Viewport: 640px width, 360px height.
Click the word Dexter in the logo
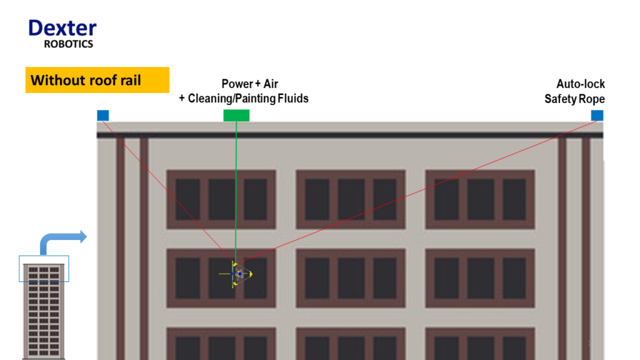coord(62,28)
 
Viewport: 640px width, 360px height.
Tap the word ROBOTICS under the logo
coord(69,44)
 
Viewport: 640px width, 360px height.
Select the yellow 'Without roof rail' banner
coord(97,80)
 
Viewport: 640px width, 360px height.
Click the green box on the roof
coord(236,116)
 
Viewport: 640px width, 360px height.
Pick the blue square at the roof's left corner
coord(103,116)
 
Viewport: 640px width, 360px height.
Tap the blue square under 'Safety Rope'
coord(597,116)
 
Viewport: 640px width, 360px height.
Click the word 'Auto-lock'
coord(581,84)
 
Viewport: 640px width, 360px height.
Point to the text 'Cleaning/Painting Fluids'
coord(248,99)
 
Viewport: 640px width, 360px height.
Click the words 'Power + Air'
coord(250,84)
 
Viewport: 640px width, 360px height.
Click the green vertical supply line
coord(236,192)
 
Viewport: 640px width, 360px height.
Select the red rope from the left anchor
coord(169,192)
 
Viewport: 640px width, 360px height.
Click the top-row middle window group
coord(351,199)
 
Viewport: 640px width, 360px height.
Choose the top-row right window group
coord(480,199)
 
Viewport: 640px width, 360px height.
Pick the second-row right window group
coord(480,278)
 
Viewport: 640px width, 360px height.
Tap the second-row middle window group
coord(351,278)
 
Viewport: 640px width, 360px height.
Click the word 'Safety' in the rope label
coord(561,99)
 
